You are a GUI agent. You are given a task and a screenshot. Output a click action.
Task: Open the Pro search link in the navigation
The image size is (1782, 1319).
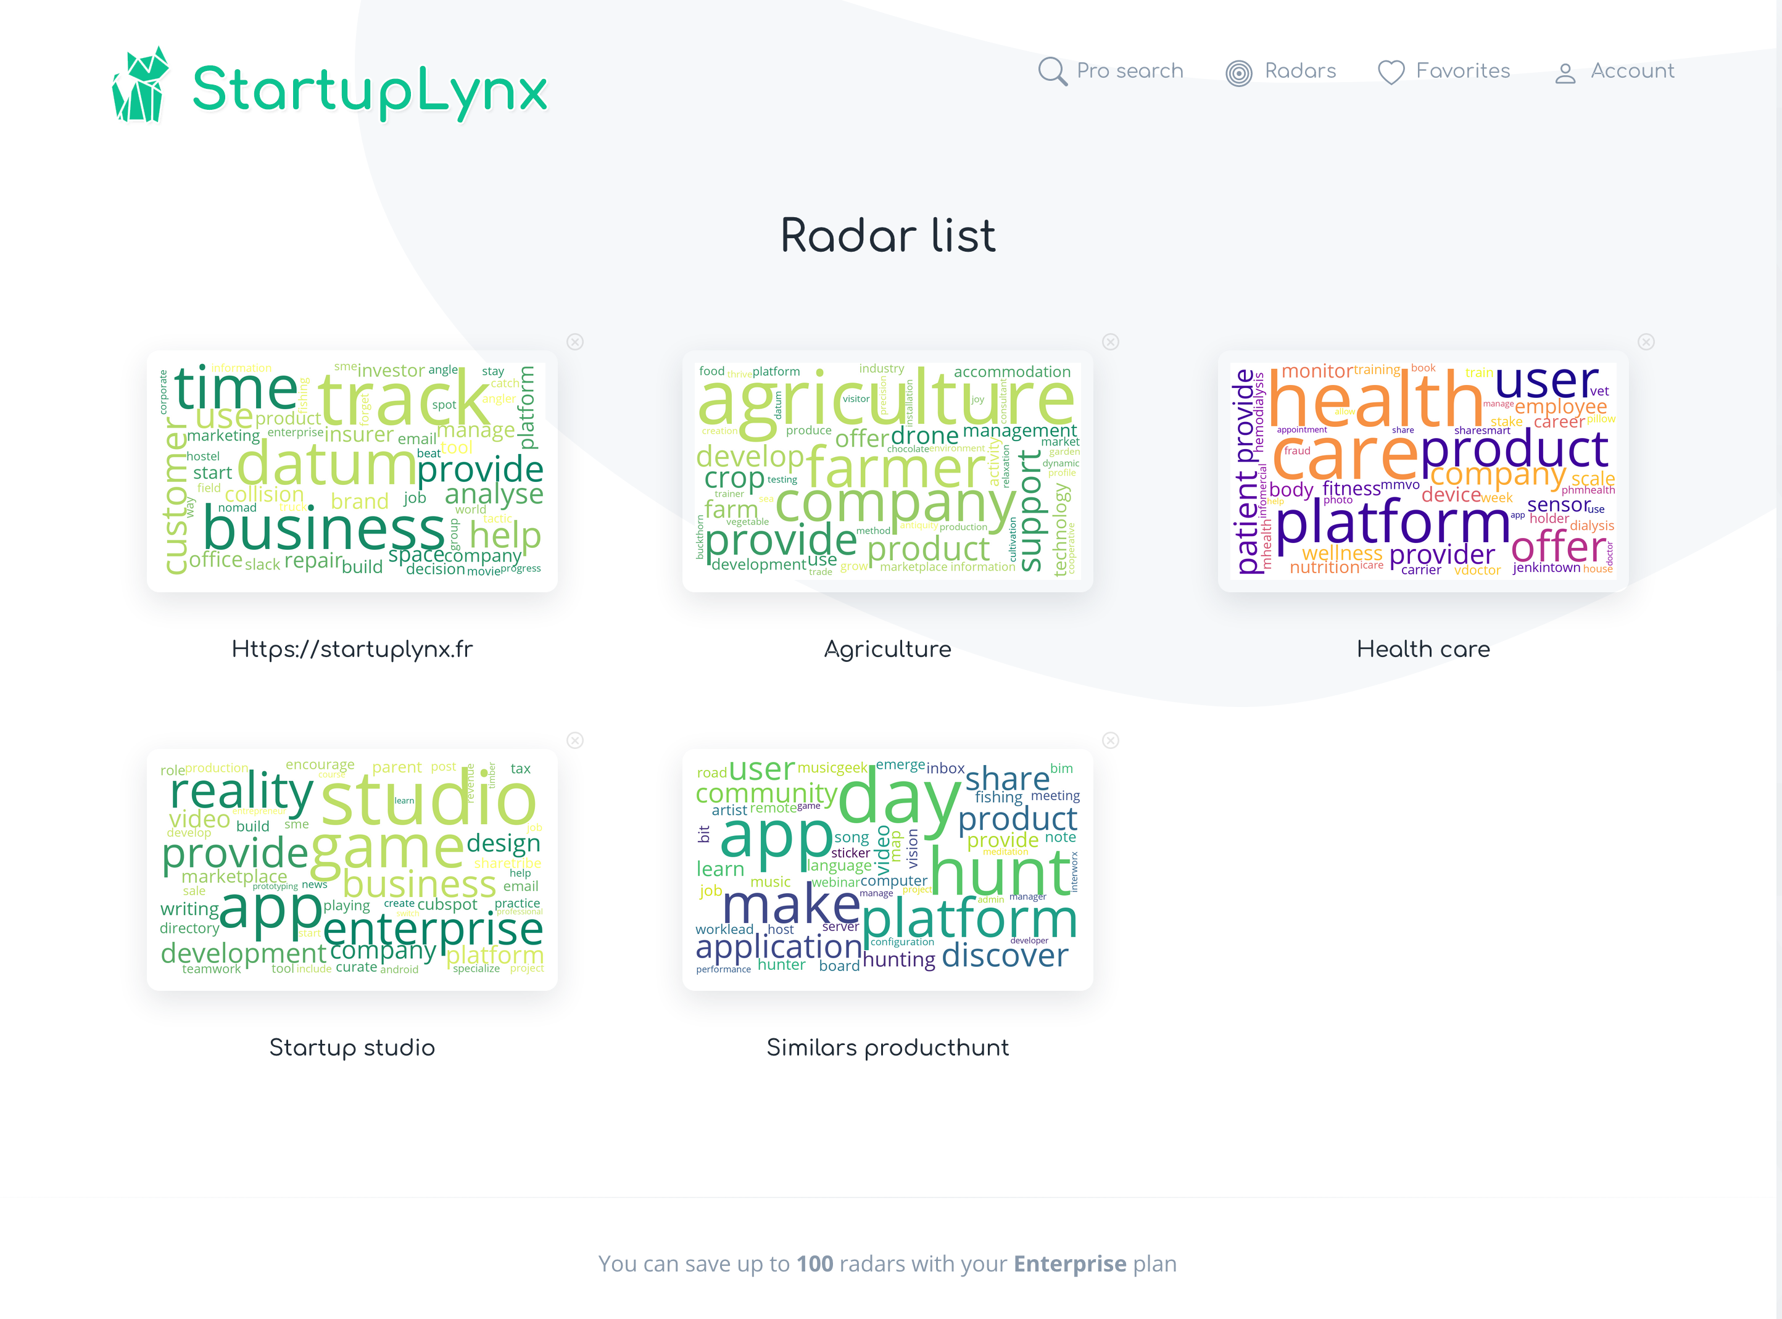point(1111,71)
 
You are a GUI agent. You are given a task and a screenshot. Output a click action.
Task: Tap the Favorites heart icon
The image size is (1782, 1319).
point(1391,72)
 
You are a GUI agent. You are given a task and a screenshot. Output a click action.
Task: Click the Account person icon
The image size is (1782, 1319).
point(1565,73)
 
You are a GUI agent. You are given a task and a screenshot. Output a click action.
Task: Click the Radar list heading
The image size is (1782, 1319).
point(888,236)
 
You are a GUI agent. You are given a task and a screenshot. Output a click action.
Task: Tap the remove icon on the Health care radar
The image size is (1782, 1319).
point(1646,342)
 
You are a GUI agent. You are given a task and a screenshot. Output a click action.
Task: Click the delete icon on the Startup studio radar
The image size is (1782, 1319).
point(575,740)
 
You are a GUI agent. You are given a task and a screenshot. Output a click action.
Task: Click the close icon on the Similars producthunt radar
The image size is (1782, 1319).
point(1111,740)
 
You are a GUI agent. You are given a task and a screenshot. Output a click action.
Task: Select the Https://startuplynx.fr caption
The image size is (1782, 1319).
point(352,649)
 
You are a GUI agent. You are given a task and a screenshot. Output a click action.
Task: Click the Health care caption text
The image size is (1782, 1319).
point(1423,649)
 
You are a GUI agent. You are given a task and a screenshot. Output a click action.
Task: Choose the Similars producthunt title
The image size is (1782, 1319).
point(888,1048)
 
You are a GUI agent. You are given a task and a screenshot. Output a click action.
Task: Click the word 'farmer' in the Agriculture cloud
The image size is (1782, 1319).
point(896,467)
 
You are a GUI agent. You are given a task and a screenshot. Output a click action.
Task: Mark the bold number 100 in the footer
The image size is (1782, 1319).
point(814,1264)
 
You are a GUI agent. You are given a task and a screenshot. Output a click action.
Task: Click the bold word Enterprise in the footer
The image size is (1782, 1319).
point(1069,1264)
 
